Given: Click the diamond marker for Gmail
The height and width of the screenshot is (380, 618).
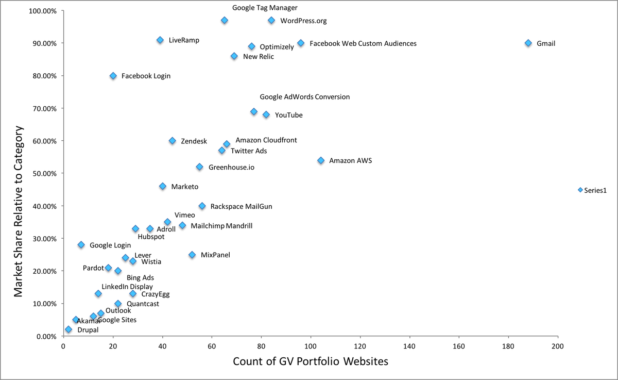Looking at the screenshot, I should click(x=528, y=43).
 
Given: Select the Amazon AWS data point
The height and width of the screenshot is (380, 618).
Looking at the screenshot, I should click(x=321, y=160).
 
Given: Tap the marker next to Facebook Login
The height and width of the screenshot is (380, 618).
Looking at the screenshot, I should click(x=113, y=76).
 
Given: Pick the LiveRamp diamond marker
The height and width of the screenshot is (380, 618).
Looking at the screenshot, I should click(x=160, y=40).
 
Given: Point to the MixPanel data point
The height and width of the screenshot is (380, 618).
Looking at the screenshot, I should click(x=192, y=255).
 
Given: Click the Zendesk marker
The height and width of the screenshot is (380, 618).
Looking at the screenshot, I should click(x=173, y=141).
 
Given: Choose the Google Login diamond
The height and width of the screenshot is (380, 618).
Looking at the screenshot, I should click(x=81, y=245).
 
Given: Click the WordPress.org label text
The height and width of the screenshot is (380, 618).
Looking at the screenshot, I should click(x=303, y=21).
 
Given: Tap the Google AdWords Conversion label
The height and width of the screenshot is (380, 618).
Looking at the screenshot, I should click(x=304, y=97).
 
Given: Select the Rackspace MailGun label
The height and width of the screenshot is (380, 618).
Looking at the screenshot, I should click(x=241, y=206).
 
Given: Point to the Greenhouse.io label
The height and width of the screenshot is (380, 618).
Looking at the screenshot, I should click(x=231, y=168).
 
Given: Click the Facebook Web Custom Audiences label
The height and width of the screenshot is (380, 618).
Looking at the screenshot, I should click(x=363, y=44).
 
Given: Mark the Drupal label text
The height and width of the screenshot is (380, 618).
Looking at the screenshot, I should click(x=88, y=330).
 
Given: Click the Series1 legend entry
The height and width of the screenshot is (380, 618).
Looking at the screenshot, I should click(x=595, y=190).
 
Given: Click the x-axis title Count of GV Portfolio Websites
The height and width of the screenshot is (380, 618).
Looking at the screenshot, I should click(x=311, y=361).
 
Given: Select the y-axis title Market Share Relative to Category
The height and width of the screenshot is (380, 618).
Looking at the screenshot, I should click(x=19, y=174).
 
